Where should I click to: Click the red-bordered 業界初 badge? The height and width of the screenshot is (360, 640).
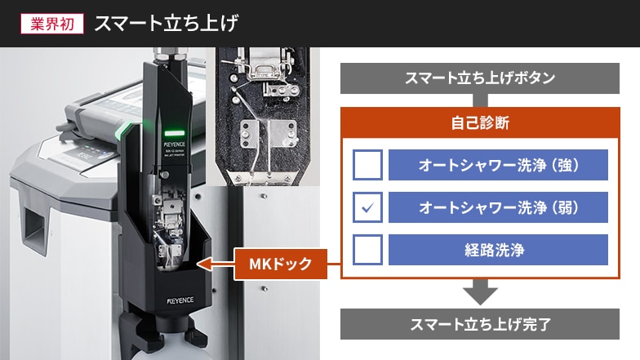coord(52,23)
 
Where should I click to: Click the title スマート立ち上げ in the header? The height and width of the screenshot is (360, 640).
coord(167,23)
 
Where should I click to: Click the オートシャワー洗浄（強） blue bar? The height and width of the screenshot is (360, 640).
coord(498,165)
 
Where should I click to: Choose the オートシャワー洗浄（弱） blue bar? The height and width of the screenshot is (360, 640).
coord(498,207)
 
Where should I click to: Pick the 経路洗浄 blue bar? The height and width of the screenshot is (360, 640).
coord(498,250)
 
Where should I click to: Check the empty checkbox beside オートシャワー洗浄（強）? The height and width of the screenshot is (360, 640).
coord(367,165)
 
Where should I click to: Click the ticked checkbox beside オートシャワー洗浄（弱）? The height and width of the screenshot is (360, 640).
coord(367,207)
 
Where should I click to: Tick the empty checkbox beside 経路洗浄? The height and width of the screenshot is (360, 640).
coord(367,250)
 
